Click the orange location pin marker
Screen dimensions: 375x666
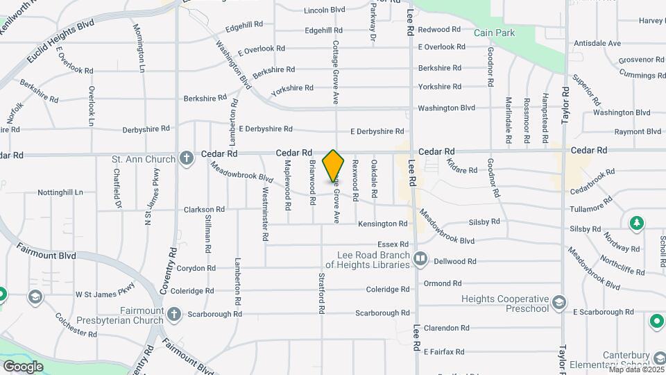pyautogui.click(x=334, y=167)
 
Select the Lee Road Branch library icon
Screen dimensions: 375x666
pyautogui.click(x=420, y=260)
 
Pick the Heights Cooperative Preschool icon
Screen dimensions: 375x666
pyautogui.click(x=559, y=303)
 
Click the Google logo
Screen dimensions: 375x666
pyautogui.click(x=23, y=367)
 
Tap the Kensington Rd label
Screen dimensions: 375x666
pyautogui.click(x=382, y=224)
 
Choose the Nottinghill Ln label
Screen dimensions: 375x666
pyautogui.click(x=60, y=192)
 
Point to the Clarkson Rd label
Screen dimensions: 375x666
pyautogui.click(x=204, y=209)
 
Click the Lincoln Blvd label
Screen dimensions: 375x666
pyautogui.click(x=324, y=10)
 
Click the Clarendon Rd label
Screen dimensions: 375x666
pyautogui.click(x=446, y=328)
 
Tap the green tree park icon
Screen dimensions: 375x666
pyautogui.click(x=635, y=223)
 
